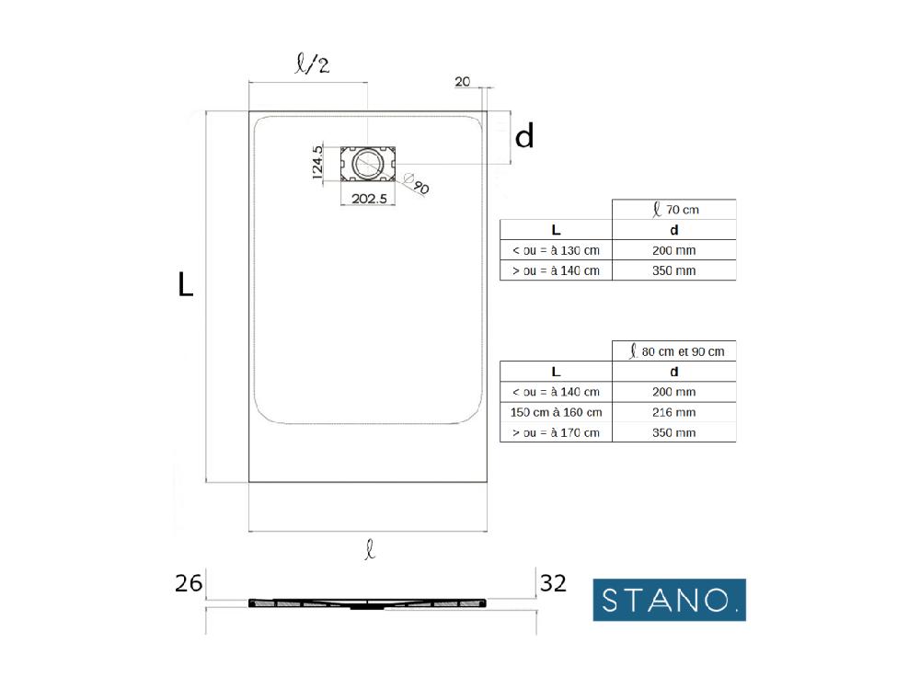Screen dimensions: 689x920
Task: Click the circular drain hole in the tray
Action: [368, 165]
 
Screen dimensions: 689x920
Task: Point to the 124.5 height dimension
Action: [316, 166]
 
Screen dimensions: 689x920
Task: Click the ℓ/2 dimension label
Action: [308, 65]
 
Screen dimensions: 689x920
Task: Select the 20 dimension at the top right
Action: [462, 82]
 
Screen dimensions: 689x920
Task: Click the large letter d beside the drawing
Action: [523, 137]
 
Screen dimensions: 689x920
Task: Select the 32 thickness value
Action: [553, 583]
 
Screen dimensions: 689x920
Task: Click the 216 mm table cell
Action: [673, 412]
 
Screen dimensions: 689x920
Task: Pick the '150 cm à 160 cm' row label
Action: [556, 412]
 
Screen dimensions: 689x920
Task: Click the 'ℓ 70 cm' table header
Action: [673, 210]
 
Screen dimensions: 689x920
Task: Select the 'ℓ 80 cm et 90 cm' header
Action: [673, 351]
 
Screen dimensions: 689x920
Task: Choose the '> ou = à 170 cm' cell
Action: [556, 432]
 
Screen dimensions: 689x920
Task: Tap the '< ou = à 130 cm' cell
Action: [556, 250]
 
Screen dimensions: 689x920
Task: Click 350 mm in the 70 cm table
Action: [673, 270]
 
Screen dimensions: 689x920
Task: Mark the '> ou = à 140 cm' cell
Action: [556, 270]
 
